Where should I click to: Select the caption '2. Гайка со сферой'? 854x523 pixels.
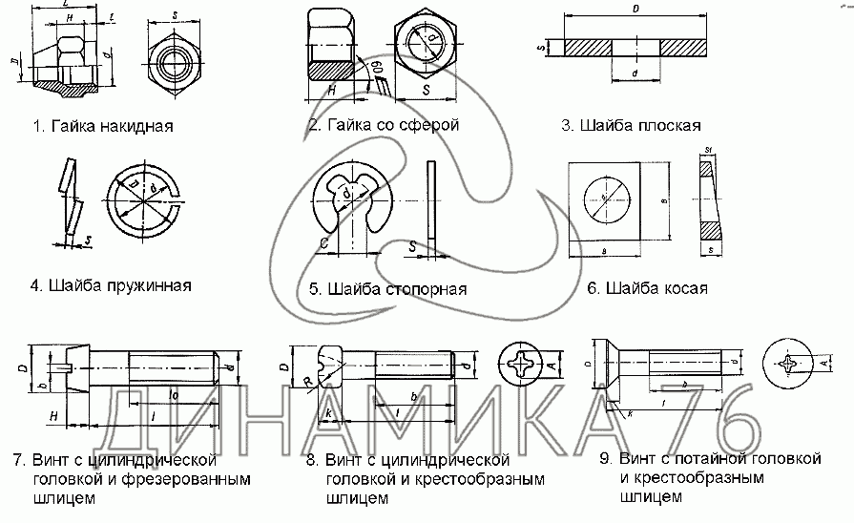(384, 125)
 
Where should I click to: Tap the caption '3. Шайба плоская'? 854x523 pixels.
(631, 125)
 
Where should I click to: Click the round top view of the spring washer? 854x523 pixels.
(145, 201)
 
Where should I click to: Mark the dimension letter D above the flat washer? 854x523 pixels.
(635, 9)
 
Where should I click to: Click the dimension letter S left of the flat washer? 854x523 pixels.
(540, 46)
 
